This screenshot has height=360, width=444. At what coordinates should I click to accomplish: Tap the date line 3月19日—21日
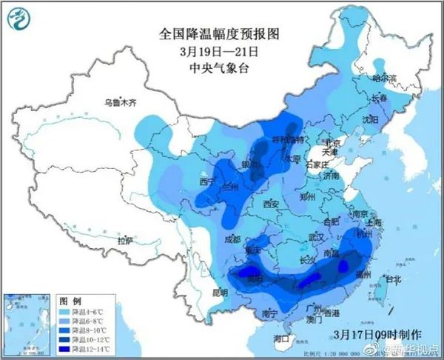[x=211, y=51]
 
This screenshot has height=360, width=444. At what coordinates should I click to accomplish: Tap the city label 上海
[x=373, y=221]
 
